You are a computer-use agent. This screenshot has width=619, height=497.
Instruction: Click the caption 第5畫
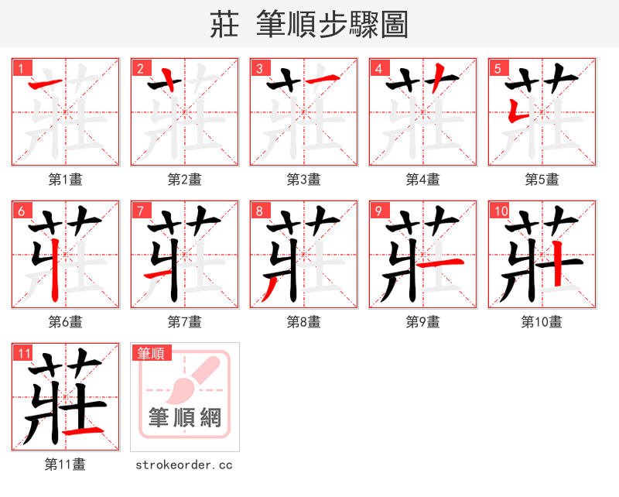(x=542, y=180)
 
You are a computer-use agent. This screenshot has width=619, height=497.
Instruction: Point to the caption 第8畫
(x=303, y=322)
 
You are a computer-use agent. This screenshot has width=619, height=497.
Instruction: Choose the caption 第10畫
(x=542, y=322)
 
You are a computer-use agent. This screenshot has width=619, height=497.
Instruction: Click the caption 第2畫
(x=184, y=180)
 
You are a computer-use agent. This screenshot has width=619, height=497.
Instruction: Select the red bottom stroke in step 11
(x=83, y=430)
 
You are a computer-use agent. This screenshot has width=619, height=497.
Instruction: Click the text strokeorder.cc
(x=184, y=465)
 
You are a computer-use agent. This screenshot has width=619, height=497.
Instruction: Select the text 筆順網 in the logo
(x=185, y=419)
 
